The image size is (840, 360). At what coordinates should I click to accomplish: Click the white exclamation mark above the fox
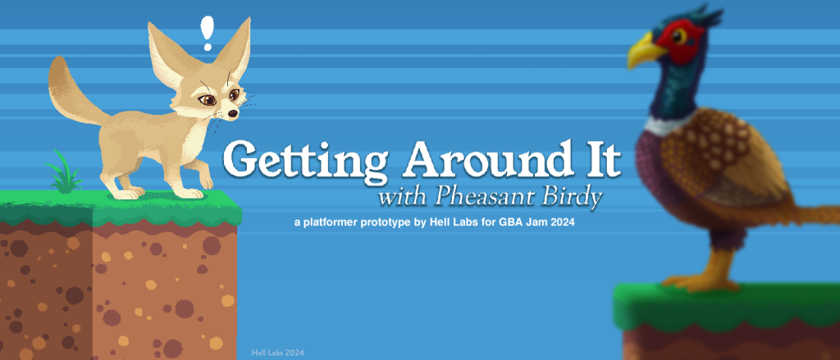[207, 34]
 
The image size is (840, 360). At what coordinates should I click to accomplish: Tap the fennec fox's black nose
[231, 114]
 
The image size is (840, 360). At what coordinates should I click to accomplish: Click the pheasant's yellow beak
[646, 51]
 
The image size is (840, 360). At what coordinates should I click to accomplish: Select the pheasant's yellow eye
[679, 36]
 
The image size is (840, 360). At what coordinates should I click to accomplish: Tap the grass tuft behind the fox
[64, 171]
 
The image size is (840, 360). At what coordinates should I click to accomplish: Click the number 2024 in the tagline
[564, 223]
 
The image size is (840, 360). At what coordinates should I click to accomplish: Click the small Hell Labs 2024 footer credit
[277, 353]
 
